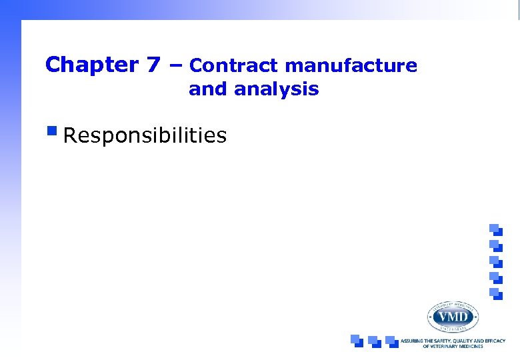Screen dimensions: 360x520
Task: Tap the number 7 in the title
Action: point(153,65)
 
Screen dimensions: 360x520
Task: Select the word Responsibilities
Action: point(145,136)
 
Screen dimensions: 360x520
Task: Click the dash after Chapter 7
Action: point(175,65)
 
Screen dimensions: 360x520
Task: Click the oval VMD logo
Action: point(453,316)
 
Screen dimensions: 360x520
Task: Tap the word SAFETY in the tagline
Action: point(444,341)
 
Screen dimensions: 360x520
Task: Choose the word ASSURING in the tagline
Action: point(412,341)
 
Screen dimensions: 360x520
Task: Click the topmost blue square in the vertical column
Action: point(495,229)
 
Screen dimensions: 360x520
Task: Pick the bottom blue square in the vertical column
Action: point(495,293)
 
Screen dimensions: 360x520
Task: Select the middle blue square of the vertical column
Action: point(495,261)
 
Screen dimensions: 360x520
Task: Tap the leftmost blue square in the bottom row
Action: point(357,341)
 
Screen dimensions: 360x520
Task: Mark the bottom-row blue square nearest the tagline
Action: point(391,341)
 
